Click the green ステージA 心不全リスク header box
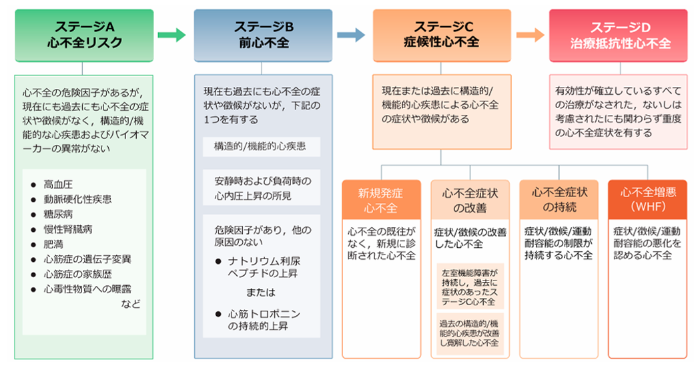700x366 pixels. (82, 35)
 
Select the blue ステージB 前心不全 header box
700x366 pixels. (263, 35)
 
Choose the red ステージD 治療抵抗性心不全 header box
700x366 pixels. (619, 35)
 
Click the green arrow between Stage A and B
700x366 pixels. (172, 35)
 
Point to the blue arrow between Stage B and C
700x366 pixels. (351, 35)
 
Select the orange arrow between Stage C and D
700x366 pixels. (530, 35)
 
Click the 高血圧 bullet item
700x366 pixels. (59, 184)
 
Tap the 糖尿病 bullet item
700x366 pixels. (59, 214)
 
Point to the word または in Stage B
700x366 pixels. (263, 293)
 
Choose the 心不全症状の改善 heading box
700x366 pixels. (469, 200)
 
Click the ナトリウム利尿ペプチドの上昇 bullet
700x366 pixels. (266, 266)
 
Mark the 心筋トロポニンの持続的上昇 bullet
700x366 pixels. (264, 320)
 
